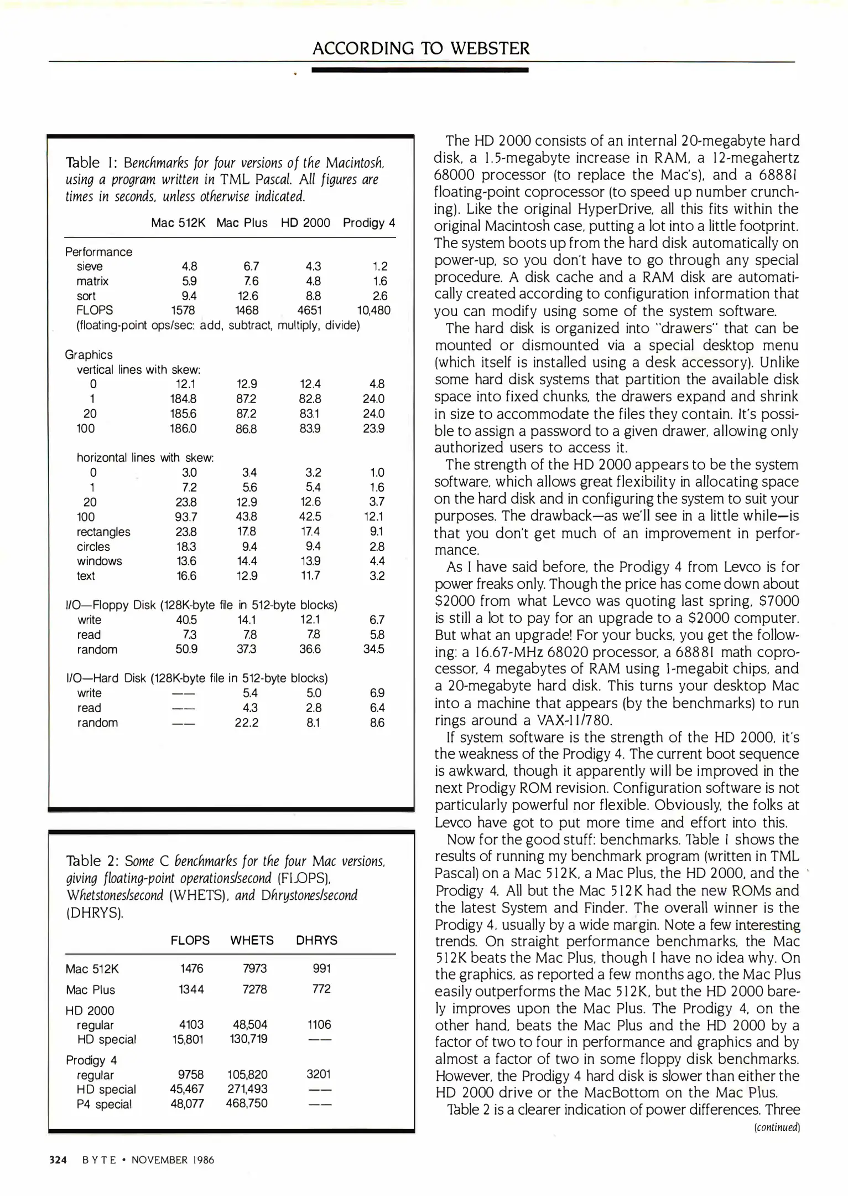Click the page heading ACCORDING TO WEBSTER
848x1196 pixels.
click(x=421, y=49)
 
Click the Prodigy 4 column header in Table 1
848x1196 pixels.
click(x=369, y=223)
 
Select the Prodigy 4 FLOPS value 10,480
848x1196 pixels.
click(x=373, y=311)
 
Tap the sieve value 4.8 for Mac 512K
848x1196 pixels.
click(x=189, y=266)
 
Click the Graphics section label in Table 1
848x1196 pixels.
click(x=89, y=355)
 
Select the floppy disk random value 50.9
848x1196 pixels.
click(x=186, y=649)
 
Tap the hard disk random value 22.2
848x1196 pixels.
click(x=246, y=723)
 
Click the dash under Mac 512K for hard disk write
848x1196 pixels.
click(x=183, y=694)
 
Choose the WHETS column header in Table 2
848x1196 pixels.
click(x=252, y=941)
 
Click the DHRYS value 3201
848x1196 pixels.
click(x=319, y=1075)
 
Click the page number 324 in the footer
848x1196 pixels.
click(x=58, y=1160)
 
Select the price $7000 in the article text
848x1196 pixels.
click(x=779, y=601)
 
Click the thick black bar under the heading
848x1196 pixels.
click(x=420, y=70)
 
